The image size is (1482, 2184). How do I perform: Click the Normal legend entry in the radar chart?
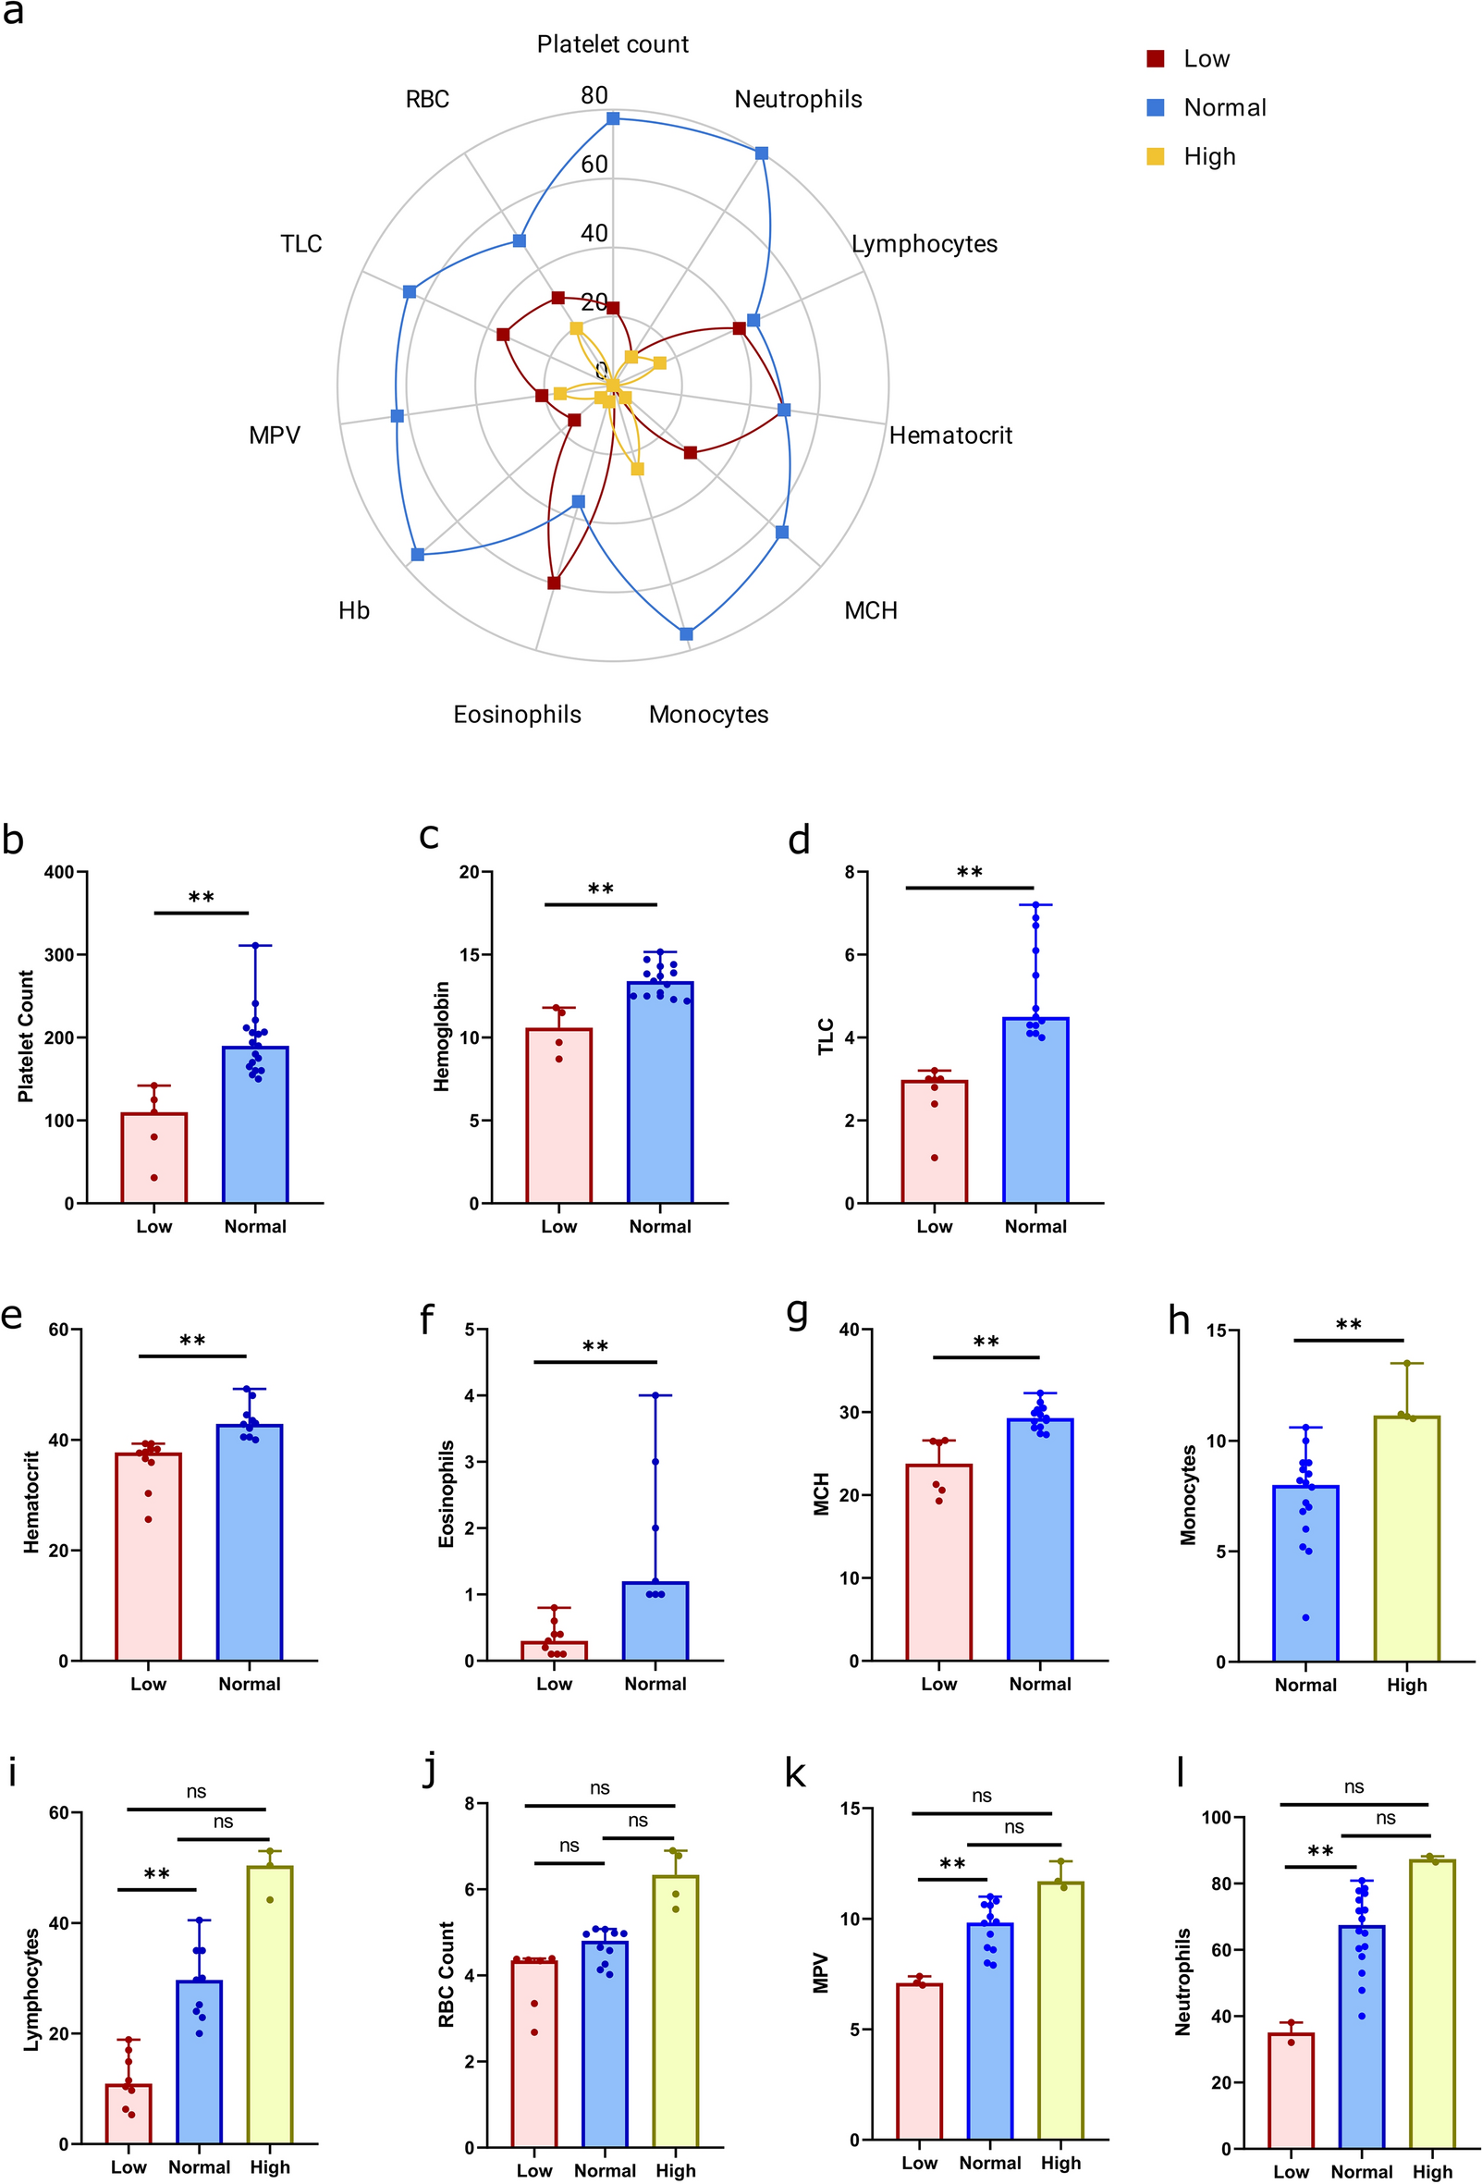pyautogui.click(x=1223, y=108)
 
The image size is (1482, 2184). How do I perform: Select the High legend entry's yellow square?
pyautogui.click(x=1155, y=157)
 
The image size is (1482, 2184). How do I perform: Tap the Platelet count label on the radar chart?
pyautogui.click(x=612, y=44)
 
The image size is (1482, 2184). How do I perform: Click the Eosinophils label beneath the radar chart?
pyautogui.click(x=517, y=714)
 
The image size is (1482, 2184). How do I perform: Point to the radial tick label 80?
pyautogui.click(x=594, y=95)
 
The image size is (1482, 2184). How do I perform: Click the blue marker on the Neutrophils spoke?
pyautogui.click(x=761, y=153)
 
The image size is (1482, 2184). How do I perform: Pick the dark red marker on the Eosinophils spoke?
pyautogui.click(x=554, y=583)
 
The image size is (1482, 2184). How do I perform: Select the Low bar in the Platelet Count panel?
pyautogui.click(x=154, y=1158)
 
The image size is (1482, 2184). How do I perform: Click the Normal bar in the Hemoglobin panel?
pyautogui.click(x=660, y=1092)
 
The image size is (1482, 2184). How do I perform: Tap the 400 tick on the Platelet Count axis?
pyautogui.click(x=59, y=872)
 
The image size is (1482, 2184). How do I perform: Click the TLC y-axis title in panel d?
pyautogui.click(x=826, y=1037)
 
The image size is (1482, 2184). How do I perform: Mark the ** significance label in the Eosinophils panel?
pyautogui.click(x=594, y=1347)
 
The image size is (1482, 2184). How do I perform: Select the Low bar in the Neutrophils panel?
pyautogui.click(x=1291, y=2091)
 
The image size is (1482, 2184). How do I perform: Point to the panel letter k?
pyautogui.click(x=795, y=1773)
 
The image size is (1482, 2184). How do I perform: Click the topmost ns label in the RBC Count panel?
pyautogui.click(x=600, y=1787)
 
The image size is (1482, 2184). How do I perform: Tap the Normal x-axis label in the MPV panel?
pyautogui.click(x=989, y=2163)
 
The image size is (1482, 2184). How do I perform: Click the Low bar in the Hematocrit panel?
pyautogui.click(x=149, y=1556)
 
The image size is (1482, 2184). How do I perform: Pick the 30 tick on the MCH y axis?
pyautogui.click(x=850, y=1413)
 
